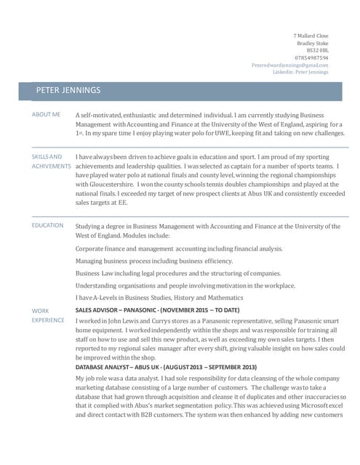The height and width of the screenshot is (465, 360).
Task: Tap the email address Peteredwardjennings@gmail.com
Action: tap(289, 65)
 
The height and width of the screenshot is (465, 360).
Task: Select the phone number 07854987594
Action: tap(311, 57)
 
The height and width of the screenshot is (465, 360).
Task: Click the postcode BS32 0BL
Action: tap(316, 50)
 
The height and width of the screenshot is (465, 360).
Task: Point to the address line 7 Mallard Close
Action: tap(311, 36)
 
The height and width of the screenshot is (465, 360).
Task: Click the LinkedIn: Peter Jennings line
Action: tap(300, 72)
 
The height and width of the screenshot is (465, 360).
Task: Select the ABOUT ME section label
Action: tap(46, 115)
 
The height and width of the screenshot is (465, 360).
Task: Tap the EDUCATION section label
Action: tap(47, 226)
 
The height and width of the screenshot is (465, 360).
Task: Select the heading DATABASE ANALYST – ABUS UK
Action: tap(166, 367)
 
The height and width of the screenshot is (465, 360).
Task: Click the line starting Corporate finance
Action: tap(179, 248)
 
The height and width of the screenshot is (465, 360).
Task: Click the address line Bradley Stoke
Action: tap(313, 43)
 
